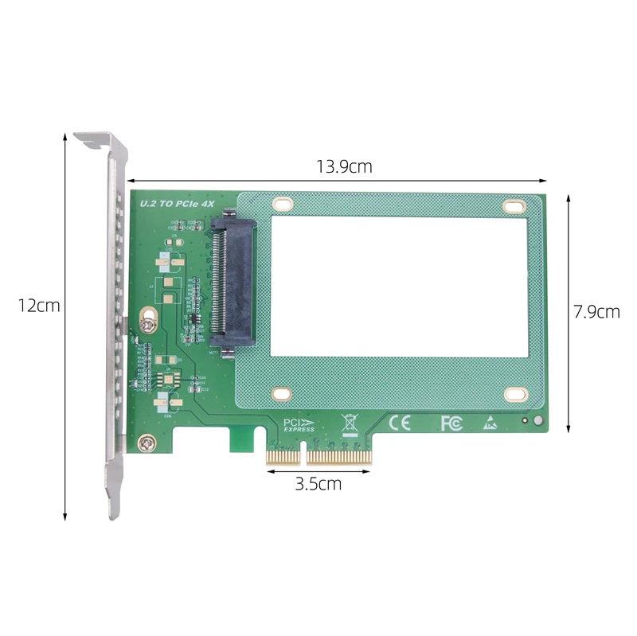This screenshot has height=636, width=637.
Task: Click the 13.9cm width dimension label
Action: pyautogui.click(x=344, y=167)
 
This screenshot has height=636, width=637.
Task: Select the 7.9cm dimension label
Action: pyautogui.click(x=596, y=311)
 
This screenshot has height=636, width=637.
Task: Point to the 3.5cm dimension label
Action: pyautogui.click(x=318, y=483)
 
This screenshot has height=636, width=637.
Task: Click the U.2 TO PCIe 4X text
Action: pyautogui.click(x=178, y=205)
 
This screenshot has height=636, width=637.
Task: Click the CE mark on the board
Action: pyautogui.click(x=399, y=423)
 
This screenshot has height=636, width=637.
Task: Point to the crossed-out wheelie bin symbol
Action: pyautogui.click(x=350, y=423)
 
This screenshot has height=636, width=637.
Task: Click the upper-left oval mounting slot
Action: pyautogui.click(x=281, y=205)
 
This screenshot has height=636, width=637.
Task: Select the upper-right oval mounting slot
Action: pyautogui.click(x=514, y=205)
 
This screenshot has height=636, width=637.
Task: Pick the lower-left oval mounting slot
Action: pyautogui.click(x=281, y=392)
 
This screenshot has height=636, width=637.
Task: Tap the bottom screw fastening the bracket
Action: pyautogui.click(x=146, y=443)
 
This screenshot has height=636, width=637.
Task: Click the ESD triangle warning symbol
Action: pyautogui.click(x=489, y=423)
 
